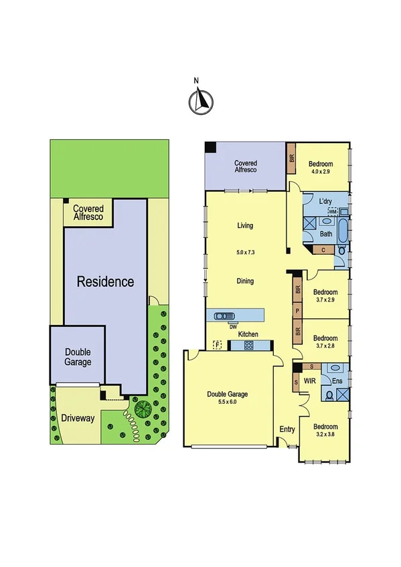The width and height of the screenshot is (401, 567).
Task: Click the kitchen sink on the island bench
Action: pos(223,316)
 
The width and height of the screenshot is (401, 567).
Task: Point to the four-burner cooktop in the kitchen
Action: pos(248,345)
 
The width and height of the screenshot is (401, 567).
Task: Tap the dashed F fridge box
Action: pos(217,345)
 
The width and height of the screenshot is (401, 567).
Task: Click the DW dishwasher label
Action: pos(232,326)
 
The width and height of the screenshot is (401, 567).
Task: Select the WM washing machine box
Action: pos(332,211)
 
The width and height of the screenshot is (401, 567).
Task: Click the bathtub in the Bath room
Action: pos(343,231)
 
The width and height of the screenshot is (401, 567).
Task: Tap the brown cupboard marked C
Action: pos(323,250)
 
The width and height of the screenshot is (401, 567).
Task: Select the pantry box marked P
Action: pos(297,310)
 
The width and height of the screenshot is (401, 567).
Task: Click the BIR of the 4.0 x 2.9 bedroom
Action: pos(291,159)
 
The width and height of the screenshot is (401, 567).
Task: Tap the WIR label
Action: pos(309,380)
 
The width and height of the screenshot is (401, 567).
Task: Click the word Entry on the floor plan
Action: pos(287,429)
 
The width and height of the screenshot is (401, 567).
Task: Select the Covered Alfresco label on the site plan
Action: pos(88,213)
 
